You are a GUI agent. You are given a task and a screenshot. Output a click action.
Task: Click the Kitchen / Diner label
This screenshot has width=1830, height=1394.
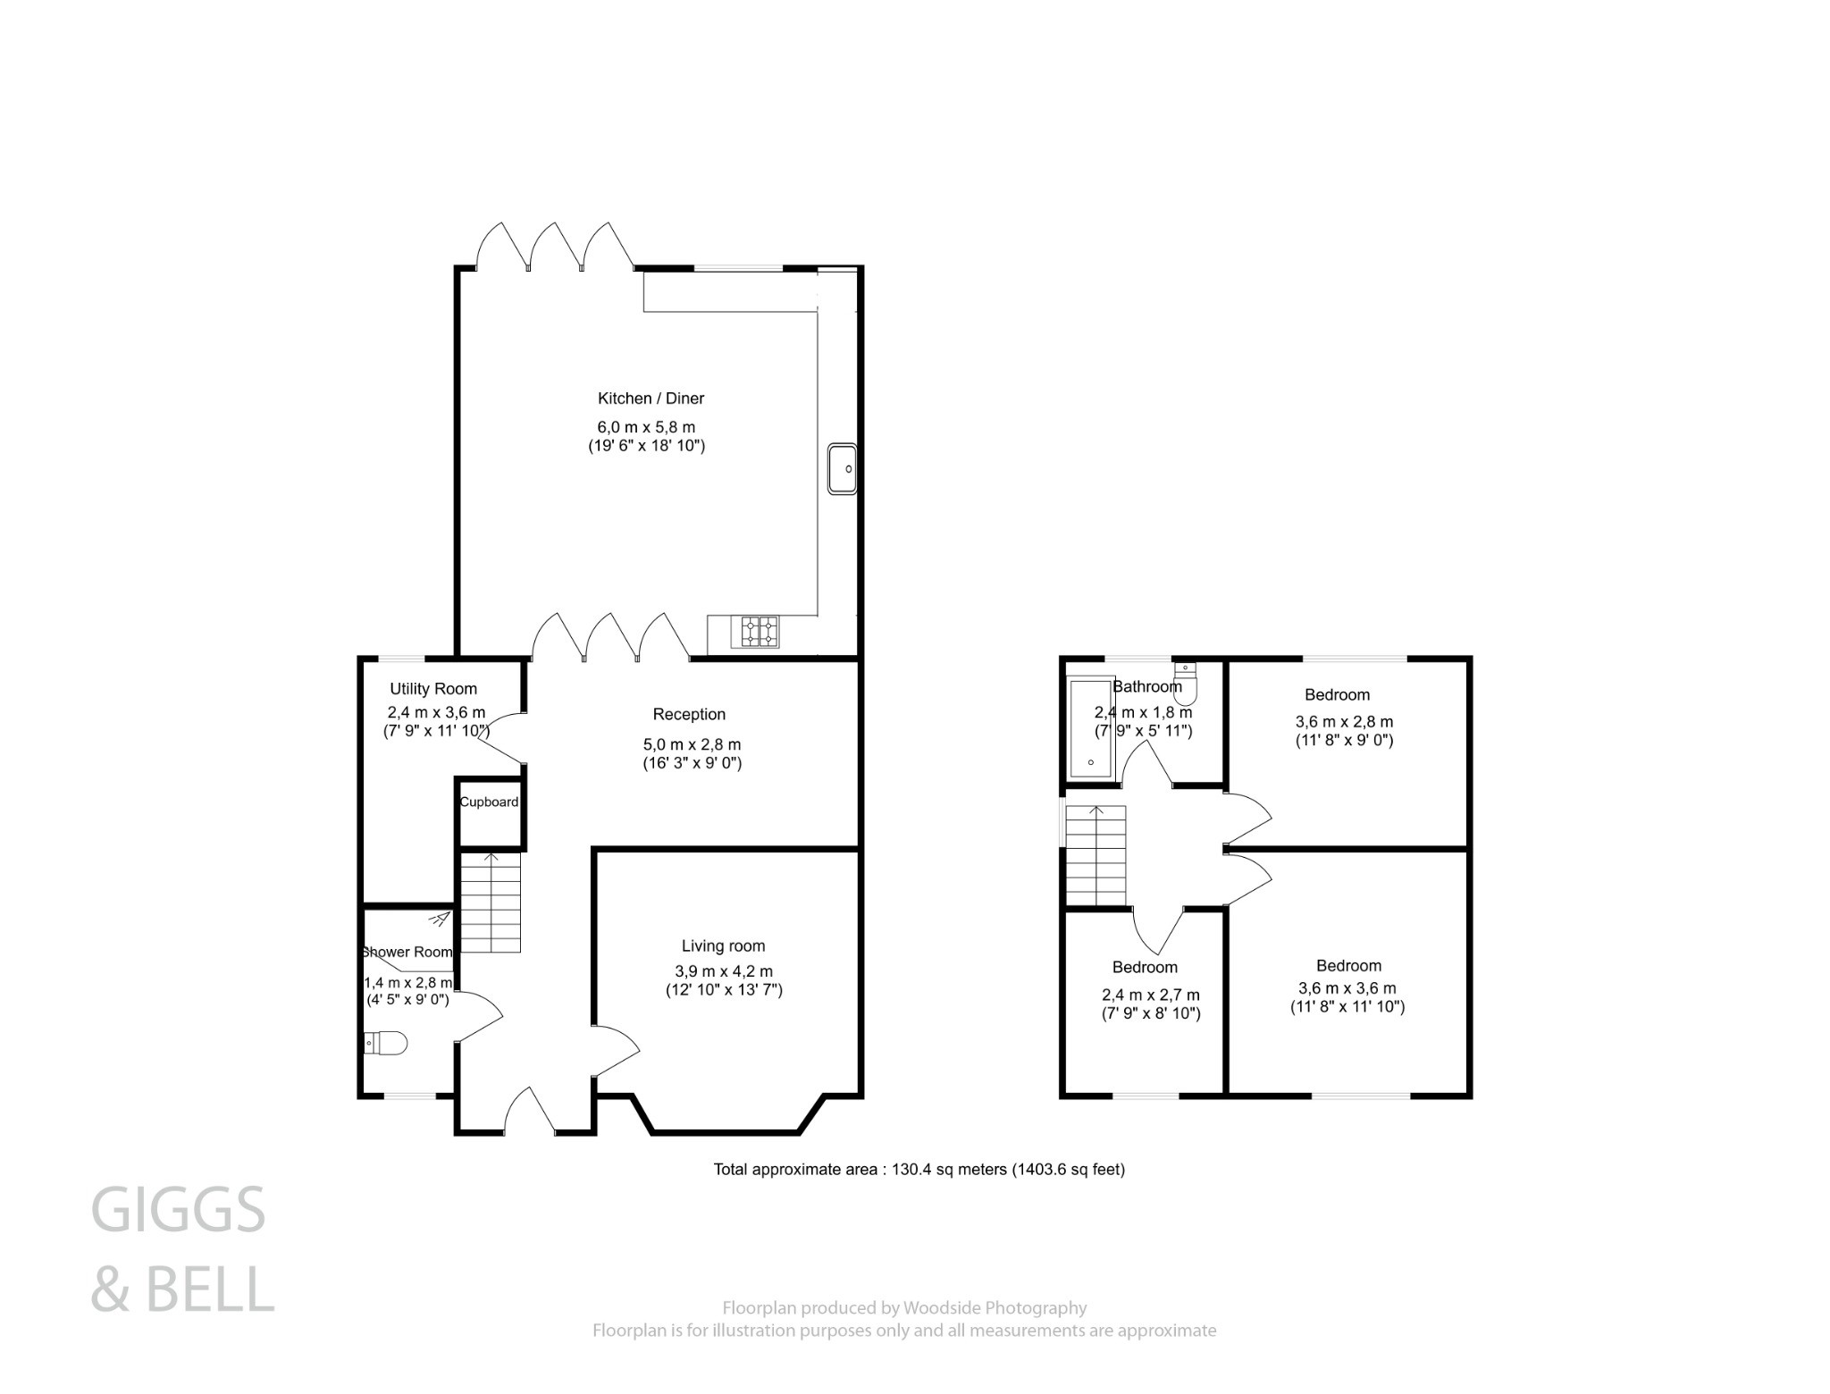pyautogui.click(x=651, y=399)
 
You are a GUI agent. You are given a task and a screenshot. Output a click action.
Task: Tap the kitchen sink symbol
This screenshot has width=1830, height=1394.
pyautogui.click(x=842, y=468)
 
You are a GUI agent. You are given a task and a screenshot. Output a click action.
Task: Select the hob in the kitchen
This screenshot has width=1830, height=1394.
pyautogui.click(x=755, y=632)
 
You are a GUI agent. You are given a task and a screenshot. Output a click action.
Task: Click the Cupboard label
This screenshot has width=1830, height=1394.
pyautogui.click(x=489, y=802)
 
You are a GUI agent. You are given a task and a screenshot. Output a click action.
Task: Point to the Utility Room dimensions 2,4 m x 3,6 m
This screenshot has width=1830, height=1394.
pyautogui.click(x=436, y=713)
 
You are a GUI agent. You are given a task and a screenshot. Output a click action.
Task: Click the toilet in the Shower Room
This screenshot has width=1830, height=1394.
pyautogui.click(x=386, y=1043)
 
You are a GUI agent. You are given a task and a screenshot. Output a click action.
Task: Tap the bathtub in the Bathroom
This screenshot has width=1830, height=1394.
pyautogui.click(x=1090, y=729)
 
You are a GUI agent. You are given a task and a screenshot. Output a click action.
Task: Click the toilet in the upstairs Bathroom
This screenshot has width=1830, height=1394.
pyautogui.click(x=1185, y=684)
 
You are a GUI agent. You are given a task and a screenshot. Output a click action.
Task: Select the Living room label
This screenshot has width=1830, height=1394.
pyautogui.click(x=723, y=946)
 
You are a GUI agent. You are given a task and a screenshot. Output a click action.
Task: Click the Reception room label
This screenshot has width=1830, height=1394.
pyautogui.click(x=689, y=715)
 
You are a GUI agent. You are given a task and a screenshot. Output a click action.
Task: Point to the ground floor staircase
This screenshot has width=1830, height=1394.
pyautogui.click(x=490, y=903)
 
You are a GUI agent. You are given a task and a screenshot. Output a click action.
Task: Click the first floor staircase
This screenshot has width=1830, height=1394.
pyautogui.click(x=1095, y=856)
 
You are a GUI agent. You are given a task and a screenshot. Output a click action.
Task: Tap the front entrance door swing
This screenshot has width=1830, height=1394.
pyautogui.click(x=531, y=1112)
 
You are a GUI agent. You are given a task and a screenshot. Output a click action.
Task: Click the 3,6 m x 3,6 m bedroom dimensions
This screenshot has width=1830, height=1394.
pyautogui.click(x=1347, y=989)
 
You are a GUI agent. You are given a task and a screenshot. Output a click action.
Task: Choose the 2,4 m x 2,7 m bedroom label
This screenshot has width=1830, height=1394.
pyautogui.click(x=1145, y=968)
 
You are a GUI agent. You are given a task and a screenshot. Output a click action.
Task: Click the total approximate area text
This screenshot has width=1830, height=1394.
pyautogui.click(x=919, y=1170)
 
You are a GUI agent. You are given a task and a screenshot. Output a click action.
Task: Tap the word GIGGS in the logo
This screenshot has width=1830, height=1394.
pyautogui.click(x=179, y=1211)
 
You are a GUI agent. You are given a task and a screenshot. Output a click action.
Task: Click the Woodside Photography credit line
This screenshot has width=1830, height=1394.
pyautogui.click(x=904, y=1308)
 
